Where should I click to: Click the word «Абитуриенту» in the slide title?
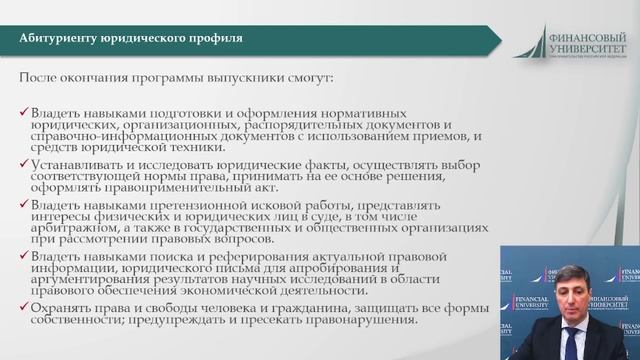coord(59,38)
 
